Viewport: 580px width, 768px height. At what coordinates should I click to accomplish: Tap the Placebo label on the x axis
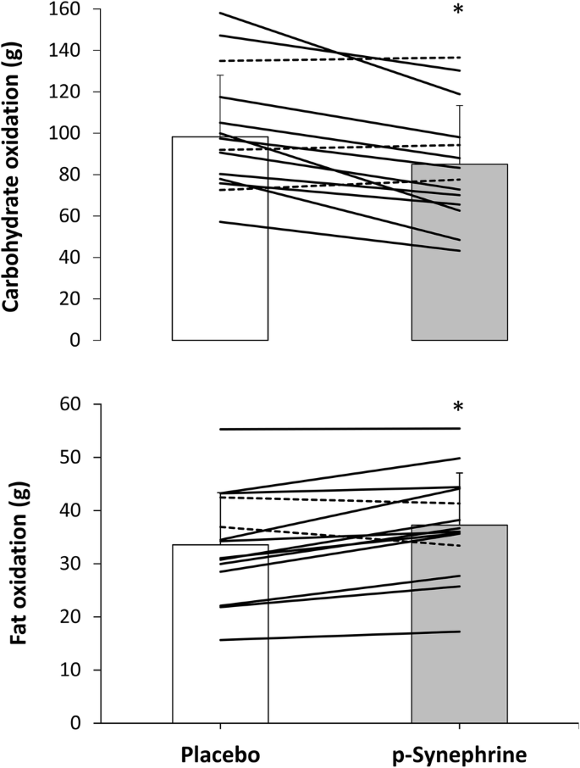click(220, 753)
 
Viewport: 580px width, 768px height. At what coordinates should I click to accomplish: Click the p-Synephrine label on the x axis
click(459, 753)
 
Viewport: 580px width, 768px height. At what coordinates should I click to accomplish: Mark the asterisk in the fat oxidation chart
click(458, 409)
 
